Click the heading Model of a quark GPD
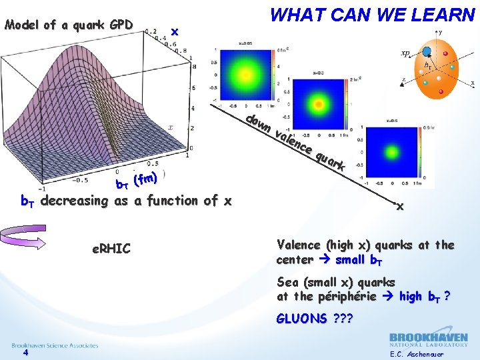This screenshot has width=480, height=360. click(x=68, y=26)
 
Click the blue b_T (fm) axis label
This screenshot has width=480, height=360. click(x=137, y=180)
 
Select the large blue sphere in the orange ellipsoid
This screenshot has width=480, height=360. click(x=427, y=51)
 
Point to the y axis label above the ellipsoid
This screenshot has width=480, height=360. click(x=441, y=31)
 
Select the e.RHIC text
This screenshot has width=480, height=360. click(x=111, y=249)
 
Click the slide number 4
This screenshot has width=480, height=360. click(x=25, y=353)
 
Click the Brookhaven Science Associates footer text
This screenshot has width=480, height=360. click(x=55, y=345)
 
